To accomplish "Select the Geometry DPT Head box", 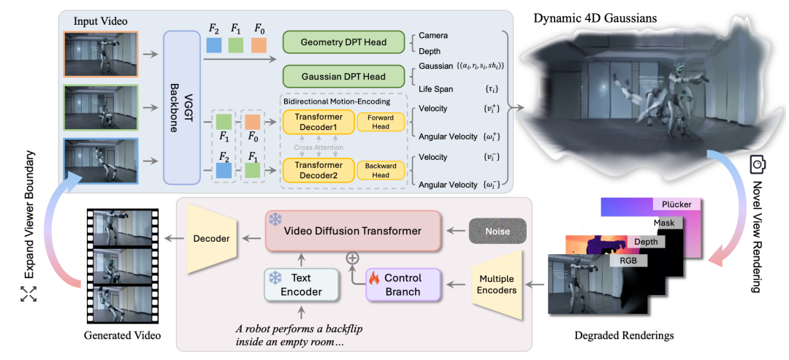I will click(343, 42).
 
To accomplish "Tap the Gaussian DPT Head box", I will click(343, 77).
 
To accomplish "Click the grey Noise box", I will click(498, 231).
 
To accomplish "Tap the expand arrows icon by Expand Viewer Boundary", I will click(28, 294).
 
